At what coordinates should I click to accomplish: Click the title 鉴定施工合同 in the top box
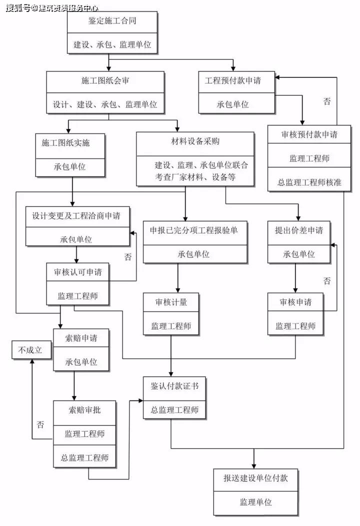point(112,21)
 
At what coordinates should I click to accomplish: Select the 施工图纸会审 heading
point(105,80)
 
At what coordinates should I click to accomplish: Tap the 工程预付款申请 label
point(232,80)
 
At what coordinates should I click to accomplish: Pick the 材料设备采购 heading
point(195,141)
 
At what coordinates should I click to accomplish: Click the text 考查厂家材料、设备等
point(195,177)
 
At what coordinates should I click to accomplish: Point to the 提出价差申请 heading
point(298,230)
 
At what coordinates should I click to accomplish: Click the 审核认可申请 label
point(77,272)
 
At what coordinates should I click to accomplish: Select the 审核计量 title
point(171,302)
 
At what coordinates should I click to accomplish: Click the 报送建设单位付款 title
point(255,478)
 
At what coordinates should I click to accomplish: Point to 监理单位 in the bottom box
point(255,502)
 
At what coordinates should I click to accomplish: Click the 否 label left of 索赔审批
point(40,425)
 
